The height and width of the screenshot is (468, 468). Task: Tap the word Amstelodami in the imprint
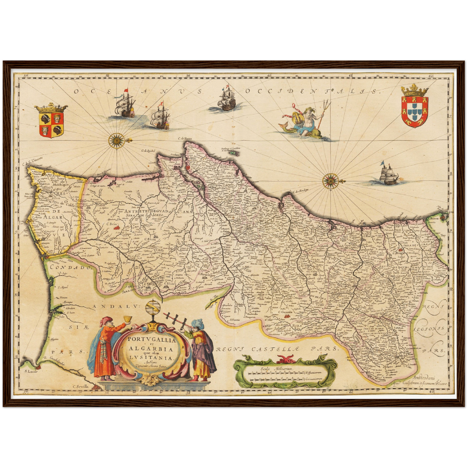pyautogui.click(x=425, y=377)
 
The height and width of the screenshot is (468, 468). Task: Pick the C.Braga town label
pyautogui.click(x=396, y=253)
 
